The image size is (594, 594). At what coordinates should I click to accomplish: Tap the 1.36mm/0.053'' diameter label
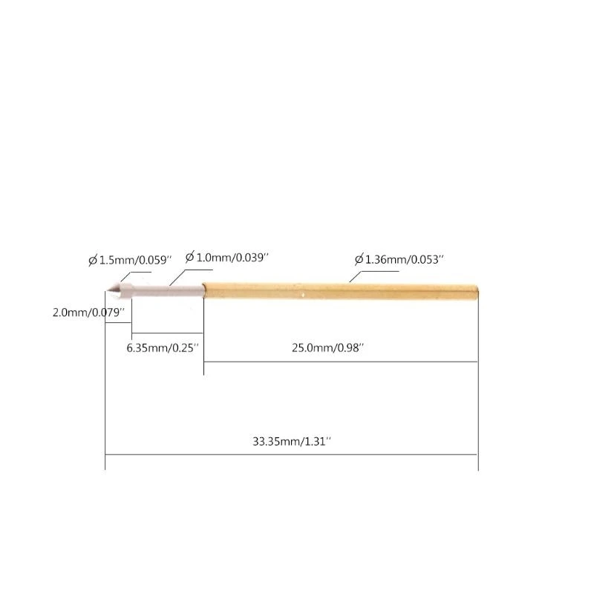tap(404, 260)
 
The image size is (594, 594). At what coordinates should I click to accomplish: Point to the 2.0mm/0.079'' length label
tap(86, 313)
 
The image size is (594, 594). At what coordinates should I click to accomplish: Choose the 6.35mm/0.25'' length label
tap(163, 347)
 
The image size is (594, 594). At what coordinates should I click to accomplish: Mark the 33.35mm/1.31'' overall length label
tap(291, 441)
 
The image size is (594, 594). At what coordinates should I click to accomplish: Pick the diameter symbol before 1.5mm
tap(93, 261)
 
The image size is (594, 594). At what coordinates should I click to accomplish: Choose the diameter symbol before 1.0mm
tap(190, 257)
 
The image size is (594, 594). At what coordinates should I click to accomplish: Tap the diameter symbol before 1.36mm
tap(359, 260)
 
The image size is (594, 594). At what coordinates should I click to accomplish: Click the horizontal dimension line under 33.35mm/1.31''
tap(291, 454)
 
